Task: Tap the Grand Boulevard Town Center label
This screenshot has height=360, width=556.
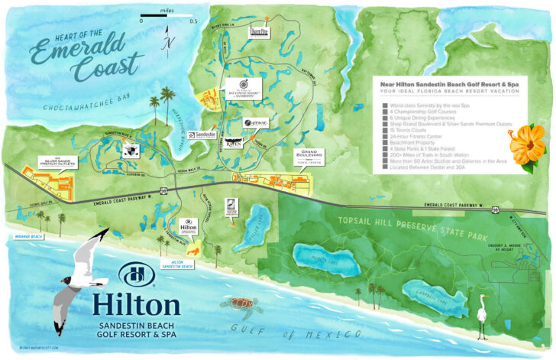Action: tap(309, 157)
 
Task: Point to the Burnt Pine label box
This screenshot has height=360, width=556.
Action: tap(260, 33)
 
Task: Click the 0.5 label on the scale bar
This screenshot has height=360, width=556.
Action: tap(194, 21)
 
